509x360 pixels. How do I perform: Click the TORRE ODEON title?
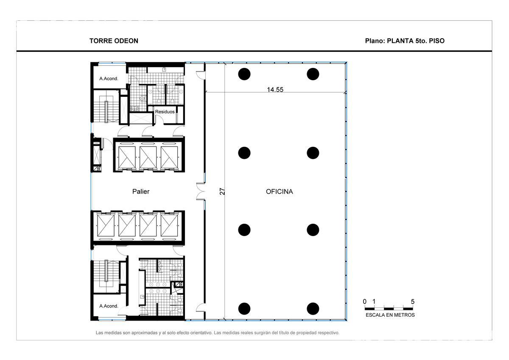[x=114, y=41]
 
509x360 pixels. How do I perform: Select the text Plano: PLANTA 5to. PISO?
[x=405, y=41]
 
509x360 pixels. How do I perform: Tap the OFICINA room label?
[x=279, y=192]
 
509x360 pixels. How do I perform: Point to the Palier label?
[x=141, y=191]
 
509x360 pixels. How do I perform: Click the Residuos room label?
[x=165, y=112]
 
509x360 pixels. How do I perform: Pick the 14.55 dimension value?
[x=275, y=90]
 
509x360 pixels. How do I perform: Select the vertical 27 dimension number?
[x=222, y=191]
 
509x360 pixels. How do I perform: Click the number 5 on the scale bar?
[x=413, y=301]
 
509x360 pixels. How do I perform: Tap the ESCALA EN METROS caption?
[x=390, y=315]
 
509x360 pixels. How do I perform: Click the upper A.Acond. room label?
[x=109, y=79]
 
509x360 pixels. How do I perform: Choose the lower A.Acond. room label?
[x=109, y=306]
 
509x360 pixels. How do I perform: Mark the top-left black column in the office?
[x=244, y=74]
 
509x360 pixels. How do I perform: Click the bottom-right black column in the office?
[x=313, y=309]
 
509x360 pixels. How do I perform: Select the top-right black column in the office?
[x=313, y=74]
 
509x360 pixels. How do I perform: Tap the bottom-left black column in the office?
[x=244, y=309]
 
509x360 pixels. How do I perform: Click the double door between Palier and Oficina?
[x=201, y=191]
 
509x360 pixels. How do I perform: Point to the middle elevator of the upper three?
[x=148, y=157]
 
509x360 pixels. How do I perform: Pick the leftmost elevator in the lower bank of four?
[x=106, y=225]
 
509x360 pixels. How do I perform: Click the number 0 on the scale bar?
[x=365, y=301]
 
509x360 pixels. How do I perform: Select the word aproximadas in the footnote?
[x=144, y=333]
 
